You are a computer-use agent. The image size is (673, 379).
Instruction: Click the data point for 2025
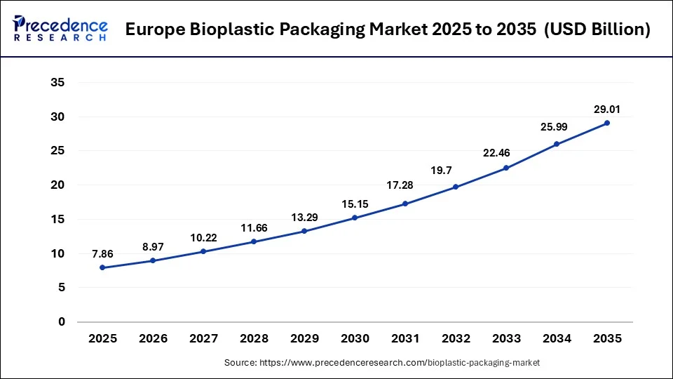(x=102, y=267)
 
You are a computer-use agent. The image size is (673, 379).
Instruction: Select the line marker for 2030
(x=355, y=218)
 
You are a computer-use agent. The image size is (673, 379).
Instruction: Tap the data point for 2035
(x=607, y=123)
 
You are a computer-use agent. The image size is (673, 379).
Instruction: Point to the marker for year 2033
(x=506, y=168)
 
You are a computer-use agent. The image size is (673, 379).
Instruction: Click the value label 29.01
(x=607, y=109)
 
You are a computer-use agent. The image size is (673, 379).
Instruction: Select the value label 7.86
(x=102, y=253)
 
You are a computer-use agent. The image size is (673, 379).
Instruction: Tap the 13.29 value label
(x=304, y=217)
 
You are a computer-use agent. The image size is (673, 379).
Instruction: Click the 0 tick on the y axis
(x=62, y=322)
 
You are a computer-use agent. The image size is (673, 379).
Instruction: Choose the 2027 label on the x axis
(x=203, y=339)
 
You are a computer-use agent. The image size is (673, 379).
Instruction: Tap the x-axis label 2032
(x=456, y=339)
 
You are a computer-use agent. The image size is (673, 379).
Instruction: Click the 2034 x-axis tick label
(x=557, y=339)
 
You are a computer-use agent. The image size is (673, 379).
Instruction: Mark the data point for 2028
(x=254, y=241)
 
